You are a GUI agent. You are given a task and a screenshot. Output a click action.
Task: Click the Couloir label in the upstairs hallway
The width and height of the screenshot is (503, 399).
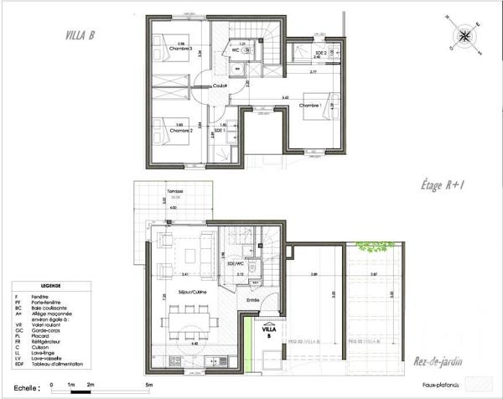(220, 85)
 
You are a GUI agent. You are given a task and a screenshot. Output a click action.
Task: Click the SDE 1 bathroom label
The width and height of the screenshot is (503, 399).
(220, 131)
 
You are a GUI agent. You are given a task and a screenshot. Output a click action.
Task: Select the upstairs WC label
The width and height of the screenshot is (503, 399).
(236, 50)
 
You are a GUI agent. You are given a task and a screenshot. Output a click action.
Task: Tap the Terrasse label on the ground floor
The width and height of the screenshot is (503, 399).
(174, 192)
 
